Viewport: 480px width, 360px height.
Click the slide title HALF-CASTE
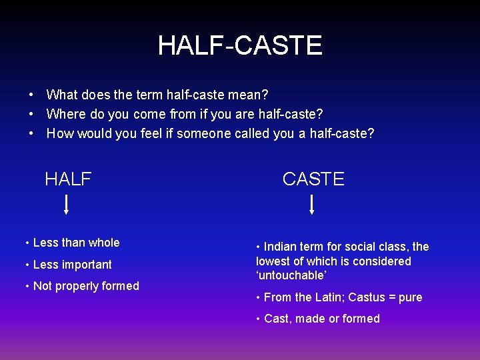(240, 45)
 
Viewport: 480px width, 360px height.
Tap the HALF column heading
(68, 179)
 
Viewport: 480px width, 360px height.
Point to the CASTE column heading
(313, 179)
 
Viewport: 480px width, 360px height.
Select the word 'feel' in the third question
(152, 133)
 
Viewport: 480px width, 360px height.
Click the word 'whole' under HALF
(103, 243)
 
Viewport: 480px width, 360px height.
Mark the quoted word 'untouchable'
(290, 275)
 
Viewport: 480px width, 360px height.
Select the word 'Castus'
(367, 297)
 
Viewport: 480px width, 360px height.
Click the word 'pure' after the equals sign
(410, 297)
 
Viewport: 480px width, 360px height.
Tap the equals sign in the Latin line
(392, 297)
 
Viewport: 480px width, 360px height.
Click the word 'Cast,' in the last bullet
(278, 319)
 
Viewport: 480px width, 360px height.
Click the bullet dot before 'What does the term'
(31, 96)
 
